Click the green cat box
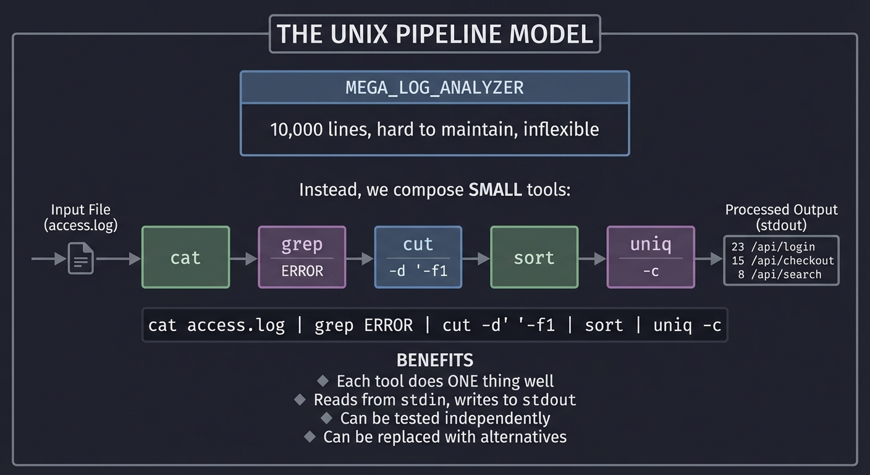pos(185,257)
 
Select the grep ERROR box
pos(302,257)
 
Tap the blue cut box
pos(418,257)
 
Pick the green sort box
pos(534,257)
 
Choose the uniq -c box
pos(651,257)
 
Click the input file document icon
pos(81,259)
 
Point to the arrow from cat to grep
pos(243,259)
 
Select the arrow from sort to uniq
pos(593,259)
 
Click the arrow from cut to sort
pos(476,259)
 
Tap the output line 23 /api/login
pos(773,247)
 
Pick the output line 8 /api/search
pos(779,275)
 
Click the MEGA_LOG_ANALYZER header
pos(434,87)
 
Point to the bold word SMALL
pos(495,189)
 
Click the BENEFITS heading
pos(435,360)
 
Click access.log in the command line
pos(236,325)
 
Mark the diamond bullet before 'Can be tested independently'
pos(327,418)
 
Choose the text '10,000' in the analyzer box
pos(292,129)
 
